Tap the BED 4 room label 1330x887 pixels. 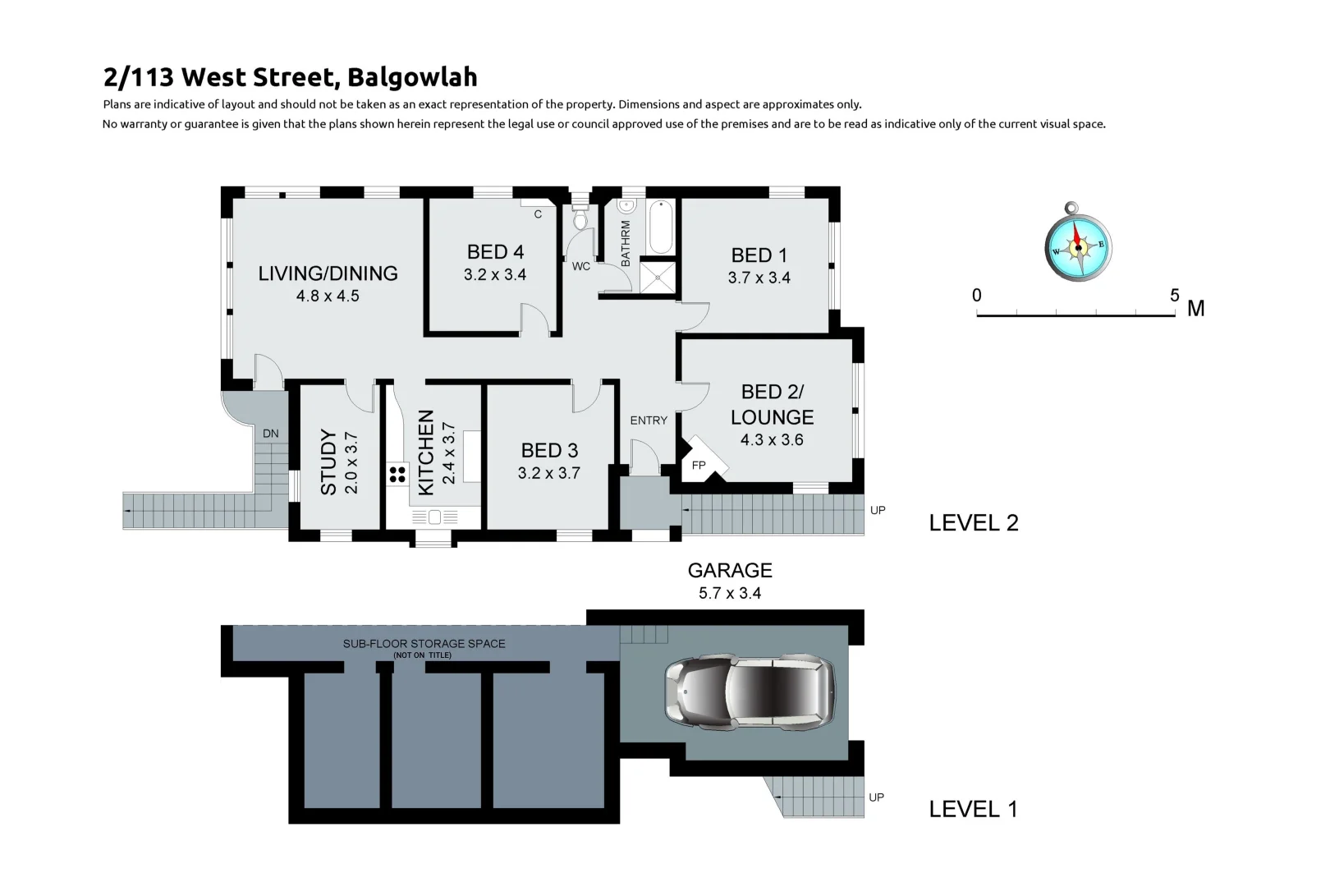click(495, 252)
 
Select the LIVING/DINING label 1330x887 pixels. click(328, 273)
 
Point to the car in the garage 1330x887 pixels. click(750, 692)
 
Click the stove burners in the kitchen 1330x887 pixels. click(398, 474)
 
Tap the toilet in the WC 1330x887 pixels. click(580, 218)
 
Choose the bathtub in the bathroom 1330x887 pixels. click(661, 226)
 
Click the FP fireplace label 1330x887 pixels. click(699, 466)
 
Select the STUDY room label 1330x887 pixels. click(328, 462)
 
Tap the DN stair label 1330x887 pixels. click(271, 433)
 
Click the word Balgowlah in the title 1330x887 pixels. click(412, 77)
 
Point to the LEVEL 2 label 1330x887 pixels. click(974, 523)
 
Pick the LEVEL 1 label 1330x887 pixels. click(973, 809)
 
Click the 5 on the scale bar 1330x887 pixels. click(1175, 296)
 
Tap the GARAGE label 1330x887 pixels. click(730, 570)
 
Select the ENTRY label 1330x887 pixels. click(649, 421)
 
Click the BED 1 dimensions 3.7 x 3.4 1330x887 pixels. click(759, 278)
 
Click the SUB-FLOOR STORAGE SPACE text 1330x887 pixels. click(424, 643)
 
